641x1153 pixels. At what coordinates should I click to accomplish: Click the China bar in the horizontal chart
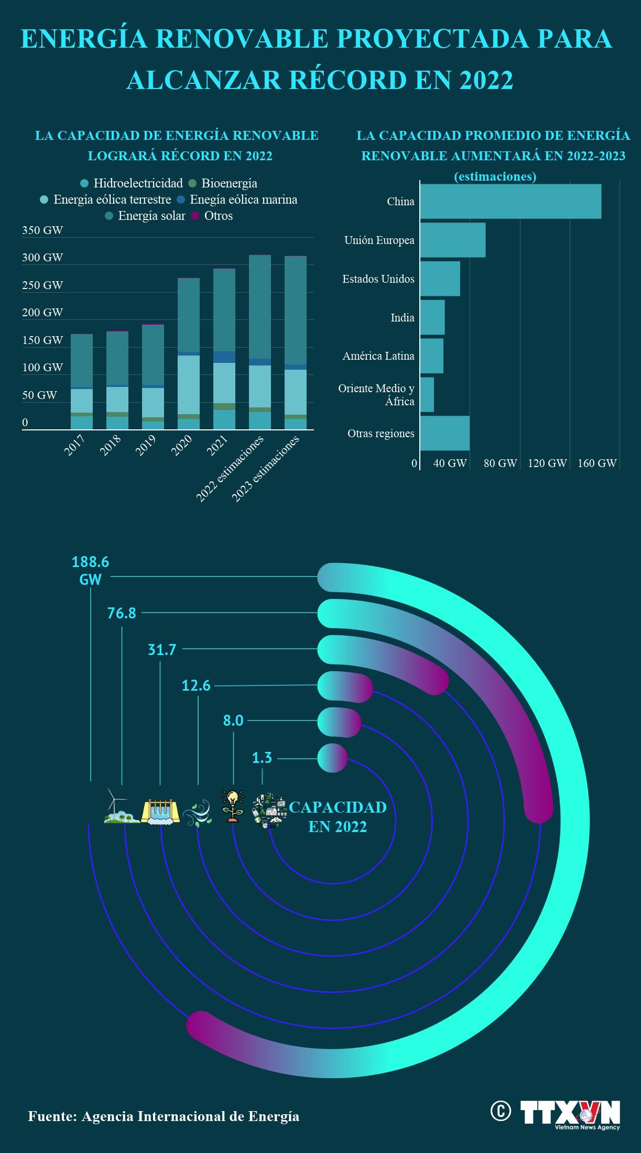[510, 201]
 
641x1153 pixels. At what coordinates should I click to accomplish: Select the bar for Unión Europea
[453, 240]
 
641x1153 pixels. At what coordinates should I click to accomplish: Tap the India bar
[432, 317]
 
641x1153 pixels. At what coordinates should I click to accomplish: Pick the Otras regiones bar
[445, 433]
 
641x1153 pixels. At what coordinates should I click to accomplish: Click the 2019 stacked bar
[153, 377]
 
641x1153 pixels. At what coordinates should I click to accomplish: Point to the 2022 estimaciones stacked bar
[260, 342]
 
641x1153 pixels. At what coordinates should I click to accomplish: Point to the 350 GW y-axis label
[42, 230]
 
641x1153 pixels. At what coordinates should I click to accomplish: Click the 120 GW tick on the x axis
[547, 463]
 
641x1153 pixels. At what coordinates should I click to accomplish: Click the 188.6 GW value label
[90, 570]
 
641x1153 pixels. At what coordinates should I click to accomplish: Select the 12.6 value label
[196, 685]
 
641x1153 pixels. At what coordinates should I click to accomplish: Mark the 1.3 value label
[262, 758]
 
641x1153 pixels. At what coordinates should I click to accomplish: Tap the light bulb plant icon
[232, 807]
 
